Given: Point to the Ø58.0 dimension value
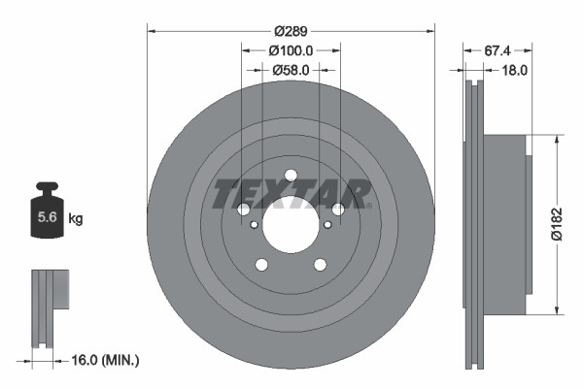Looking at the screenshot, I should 291,70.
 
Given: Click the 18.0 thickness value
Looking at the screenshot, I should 514,70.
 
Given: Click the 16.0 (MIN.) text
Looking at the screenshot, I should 107,360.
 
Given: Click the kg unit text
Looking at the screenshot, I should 76,219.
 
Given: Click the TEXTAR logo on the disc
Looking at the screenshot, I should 291,193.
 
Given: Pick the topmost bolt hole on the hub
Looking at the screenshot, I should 291,176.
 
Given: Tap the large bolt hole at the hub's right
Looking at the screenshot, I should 338,210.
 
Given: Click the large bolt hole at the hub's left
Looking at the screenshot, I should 243,210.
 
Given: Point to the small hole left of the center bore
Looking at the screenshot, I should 254,225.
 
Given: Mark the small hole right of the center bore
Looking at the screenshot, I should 327,225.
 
